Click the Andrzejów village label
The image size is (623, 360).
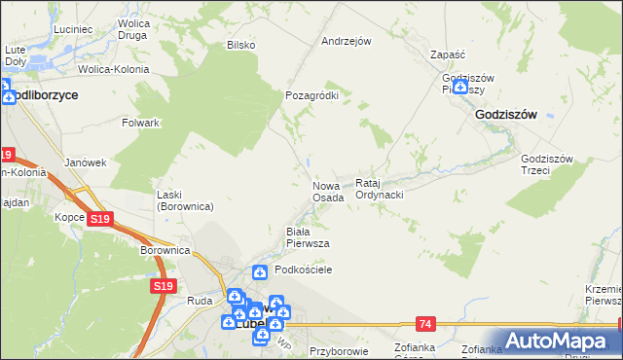click(347, 42)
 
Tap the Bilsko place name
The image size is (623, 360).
click(240, 45)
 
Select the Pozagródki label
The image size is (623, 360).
click(311, 95)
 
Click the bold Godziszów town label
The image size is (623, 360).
click(506, 114)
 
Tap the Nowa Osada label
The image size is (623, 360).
click(328, 192)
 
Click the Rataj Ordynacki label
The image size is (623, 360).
click(380, 189)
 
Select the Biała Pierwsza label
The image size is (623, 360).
click(307, 237)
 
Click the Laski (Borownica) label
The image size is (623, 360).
click(185, 200)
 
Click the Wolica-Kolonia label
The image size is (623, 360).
click(115, 70)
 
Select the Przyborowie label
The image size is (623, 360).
click(337, 351)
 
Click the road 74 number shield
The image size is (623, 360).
click(425, 322)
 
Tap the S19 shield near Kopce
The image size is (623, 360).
click(98, 220)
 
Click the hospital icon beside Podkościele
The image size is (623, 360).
click(260, 271)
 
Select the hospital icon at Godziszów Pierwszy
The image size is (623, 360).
click(459, 87)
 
